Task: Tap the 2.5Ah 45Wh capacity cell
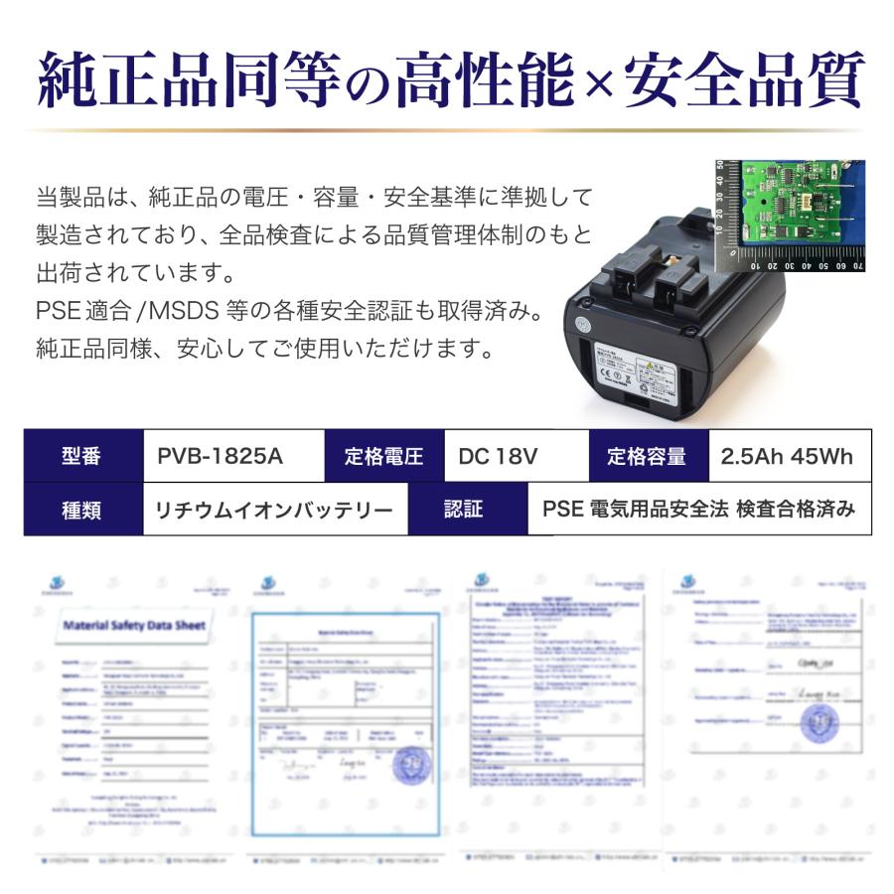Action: pos(790,456)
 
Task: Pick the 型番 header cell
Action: pos(83,456)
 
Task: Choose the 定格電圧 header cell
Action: pos(384,456)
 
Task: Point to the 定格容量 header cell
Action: pos(649,456)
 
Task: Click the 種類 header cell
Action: pos(83,510)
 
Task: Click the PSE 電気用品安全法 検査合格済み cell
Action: pos(698,510)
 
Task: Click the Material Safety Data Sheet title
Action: pos(134,626)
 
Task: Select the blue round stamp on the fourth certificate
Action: pos(817,724)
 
